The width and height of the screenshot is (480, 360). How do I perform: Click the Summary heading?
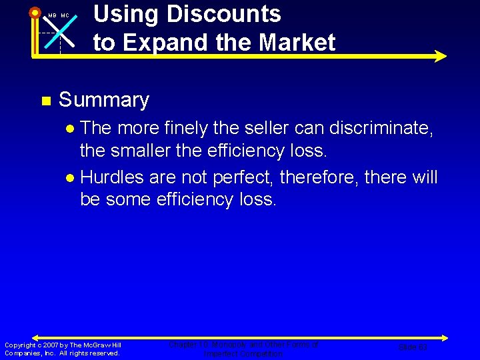[x=104, y=100]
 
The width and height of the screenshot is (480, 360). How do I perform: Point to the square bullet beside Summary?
[x=45, y=101]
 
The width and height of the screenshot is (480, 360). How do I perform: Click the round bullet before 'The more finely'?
[x=70, y=128]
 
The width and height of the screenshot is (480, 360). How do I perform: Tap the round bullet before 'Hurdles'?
[x=70, y=178]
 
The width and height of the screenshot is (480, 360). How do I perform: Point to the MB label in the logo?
[x=51, y=15]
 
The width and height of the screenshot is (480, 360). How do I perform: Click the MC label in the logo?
[x=65, y=15]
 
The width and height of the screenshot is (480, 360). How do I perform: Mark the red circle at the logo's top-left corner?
[x=35, y=12]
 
